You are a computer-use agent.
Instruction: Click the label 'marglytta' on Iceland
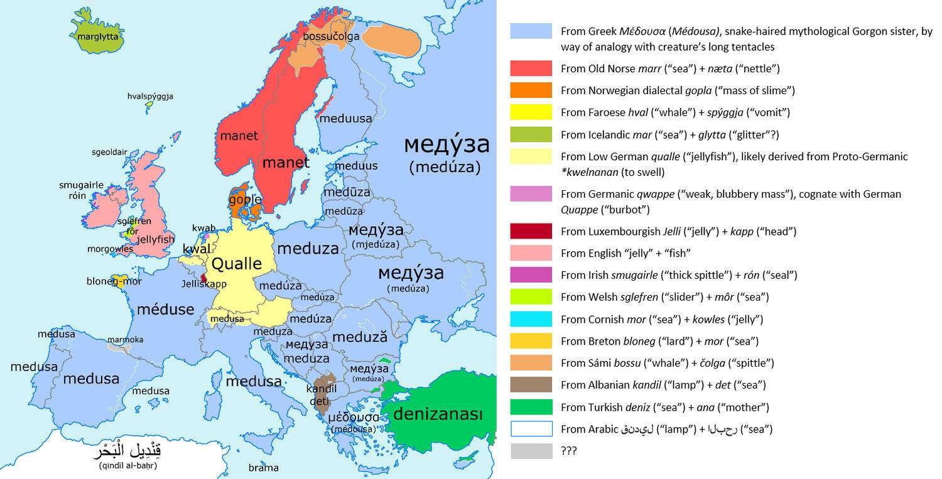[x=97, y=37]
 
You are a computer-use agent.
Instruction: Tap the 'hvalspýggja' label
[x=150, y=97]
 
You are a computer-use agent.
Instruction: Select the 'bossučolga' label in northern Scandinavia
[x=331, y=37]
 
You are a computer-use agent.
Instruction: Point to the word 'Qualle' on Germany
[x=236, y=264]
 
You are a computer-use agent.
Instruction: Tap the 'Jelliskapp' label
[x=204, y=284]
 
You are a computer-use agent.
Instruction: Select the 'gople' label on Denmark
[x=245, y=200]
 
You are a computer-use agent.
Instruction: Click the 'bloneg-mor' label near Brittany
[x=114, y=281]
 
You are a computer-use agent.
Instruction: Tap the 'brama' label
[x=263, y=468]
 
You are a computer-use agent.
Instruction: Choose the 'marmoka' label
[x=125, y=340]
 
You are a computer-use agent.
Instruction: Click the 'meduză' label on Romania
[x=355, y=337]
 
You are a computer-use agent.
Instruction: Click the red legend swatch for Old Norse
[x=531, y=68]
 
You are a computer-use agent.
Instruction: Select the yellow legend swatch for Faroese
[x=531, y=112]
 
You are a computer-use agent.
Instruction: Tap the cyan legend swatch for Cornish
[x=531, y=319]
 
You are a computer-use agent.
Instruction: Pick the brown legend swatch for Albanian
[x=531, y=385]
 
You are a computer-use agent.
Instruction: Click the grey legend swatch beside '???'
[x=531, y=451]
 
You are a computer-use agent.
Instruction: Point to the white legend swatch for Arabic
[x=531, y=429]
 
